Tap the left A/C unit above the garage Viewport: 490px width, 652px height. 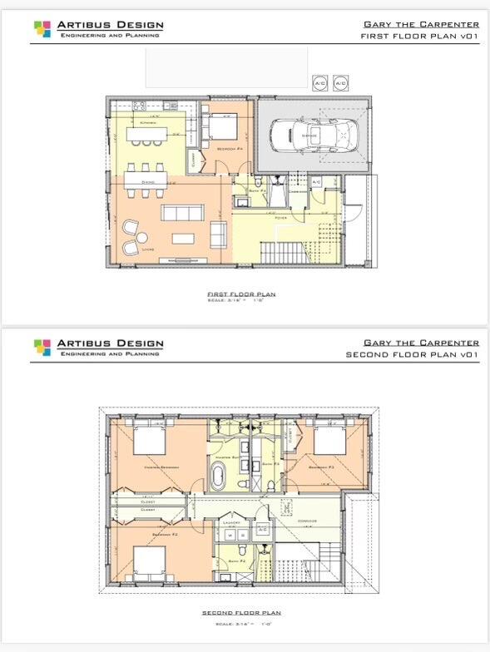pyautogui.click(x=319, y=83)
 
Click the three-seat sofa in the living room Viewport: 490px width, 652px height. pyautogui.click(x=181, y=212)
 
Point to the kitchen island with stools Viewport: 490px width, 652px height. pyautogui.click(x=151, y=131)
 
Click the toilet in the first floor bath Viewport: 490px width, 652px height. pyautogui.click(x=260, y=182)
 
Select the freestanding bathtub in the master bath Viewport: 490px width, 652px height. pyautogui.click(x=220, y=478)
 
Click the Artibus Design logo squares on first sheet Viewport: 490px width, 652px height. pyautogui.click(x=42, y=30)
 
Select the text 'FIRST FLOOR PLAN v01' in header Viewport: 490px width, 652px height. pyautogui.click(x=419, y=37)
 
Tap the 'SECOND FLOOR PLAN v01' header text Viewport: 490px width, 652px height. pyautogui.click(x=413, y=354)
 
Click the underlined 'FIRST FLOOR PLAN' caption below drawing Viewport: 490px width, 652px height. pyautogui.click(x=241, y=294)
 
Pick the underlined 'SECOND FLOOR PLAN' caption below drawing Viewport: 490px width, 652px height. pyautogui.click(x=241, y=613)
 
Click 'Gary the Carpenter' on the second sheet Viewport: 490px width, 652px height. pyautogui.click(x=421, y=343)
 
